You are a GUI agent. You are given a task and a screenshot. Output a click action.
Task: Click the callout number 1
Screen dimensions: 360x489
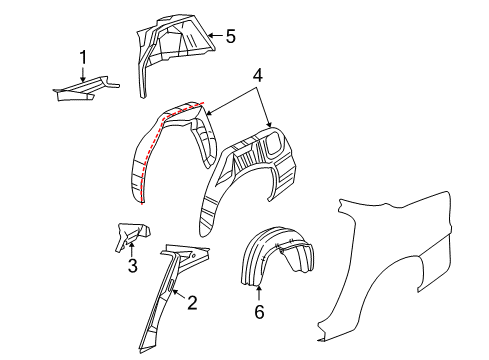(x=84, y=57)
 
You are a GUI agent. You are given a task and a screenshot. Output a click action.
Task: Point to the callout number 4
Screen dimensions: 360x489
(x=258, y=74)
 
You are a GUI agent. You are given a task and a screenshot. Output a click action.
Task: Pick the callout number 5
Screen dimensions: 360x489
(x=230, y=38)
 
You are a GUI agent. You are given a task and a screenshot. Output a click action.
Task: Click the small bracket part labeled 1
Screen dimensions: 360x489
(x=85, y=90)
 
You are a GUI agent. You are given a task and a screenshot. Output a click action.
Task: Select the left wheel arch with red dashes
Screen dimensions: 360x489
(x=170, y=150)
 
